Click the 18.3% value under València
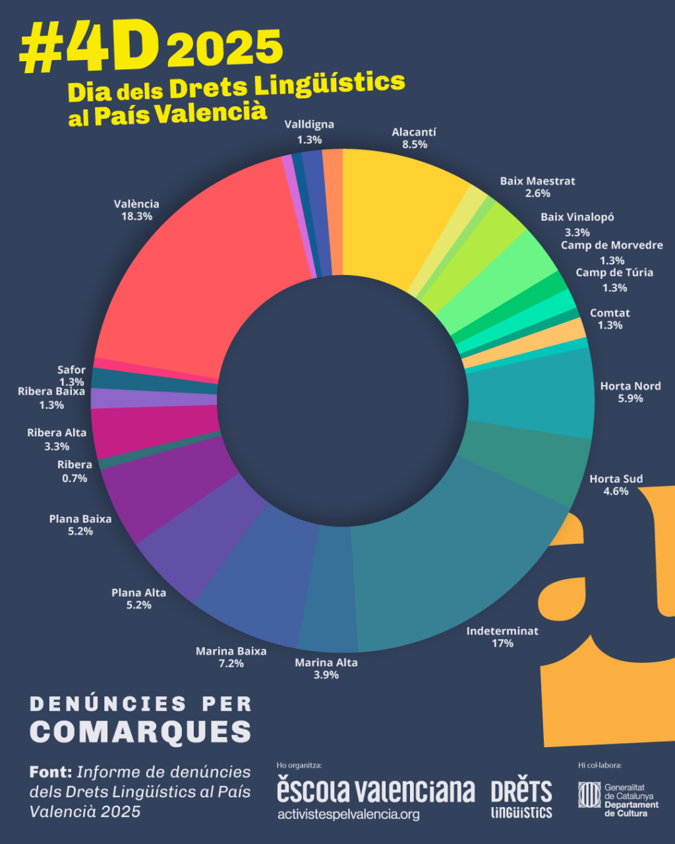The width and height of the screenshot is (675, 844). click(x=136, y=216)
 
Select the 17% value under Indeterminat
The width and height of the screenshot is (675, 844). click(x=502, y=643)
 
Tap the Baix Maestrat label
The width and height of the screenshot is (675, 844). click(x=537, y=181)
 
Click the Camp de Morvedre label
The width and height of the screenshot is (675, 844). click(x=612, y=245)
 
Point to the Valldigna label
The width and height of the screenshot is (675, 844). click(x=309, y=125)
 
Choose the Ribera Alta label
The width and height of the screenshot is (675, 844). click(x=57, y=433)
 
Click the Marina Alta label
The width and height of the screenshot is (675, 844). click(x=326, y=662)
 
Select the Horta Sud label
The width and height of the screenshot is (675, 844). click(x=616, y=479)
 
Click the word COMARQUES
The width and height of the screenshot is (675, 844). click(x=141, y=731)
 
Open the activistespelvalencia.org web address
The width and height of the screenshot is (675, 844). click(x=349, y=814)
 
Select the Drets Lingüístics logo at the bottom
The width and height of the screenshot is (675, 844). click(x=521, y=799)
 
